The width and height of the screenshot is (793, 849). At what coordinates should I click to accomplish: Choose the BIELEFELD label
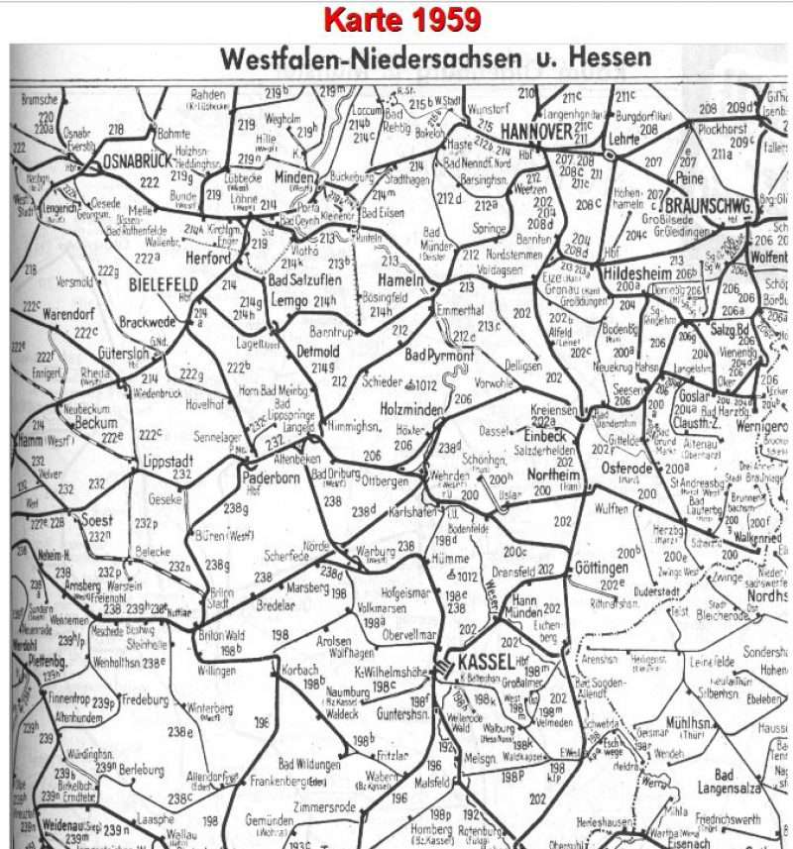[x=164, y=282]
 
